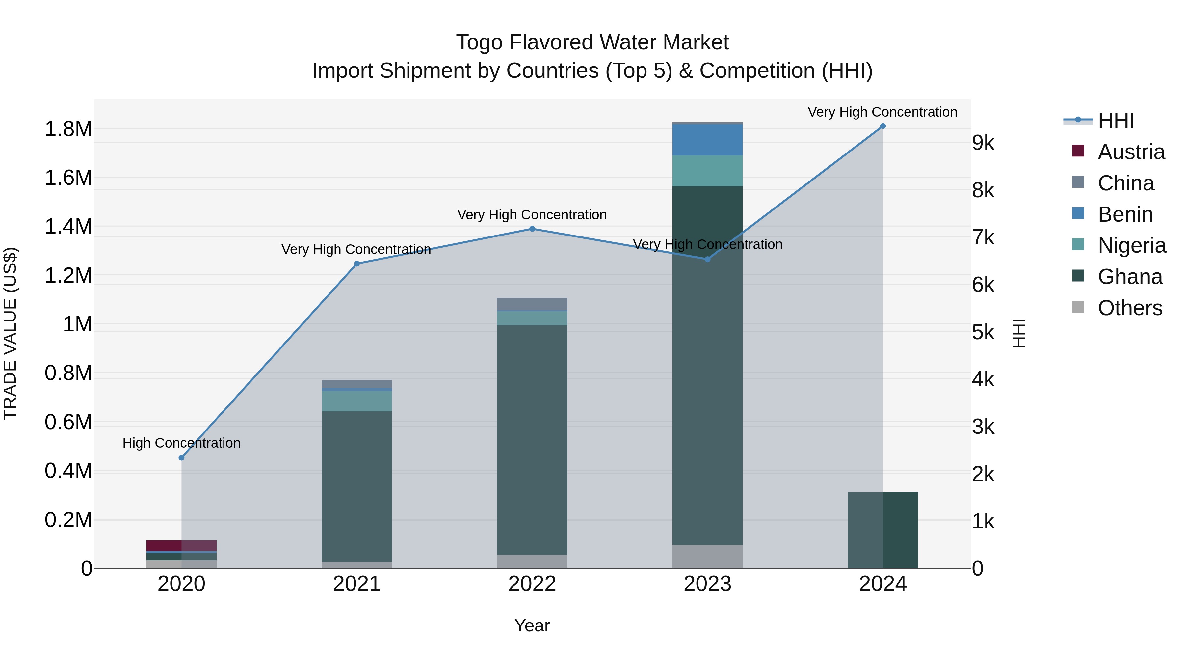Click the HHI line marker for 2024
click(x=882, y=126)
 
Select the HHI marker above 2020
click(x=181, y=458)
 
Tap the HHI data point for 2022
click(x=532, y=229)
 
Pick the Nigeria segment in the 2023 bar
click(x=707, y=171)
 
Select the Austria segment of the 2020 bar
click(x=181, y=545)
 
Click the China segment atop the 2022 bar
click(x=532, y=304)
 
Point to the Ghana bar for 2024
click(x=882, y=530)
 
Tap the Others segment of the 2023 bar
click(x=707, y=557)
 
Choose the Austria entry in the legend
click(x=1131, y=152)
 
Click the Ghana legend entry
click(x=1130, y=277)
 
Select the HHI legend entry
click(x=1116, y=121)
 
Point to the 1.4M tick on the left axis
click(x=68, y=227)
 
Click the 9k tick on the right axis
click(x=983, y=143)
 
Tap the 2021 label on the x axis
click(x=356, y=584)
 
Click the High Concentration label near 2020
click(x=181, y=443)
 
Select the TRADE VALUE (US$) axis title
click(x=10, y=333)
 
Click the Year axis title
click(x=532, y=625)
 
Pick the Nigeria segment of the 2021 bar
click(x=356, y=401)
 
